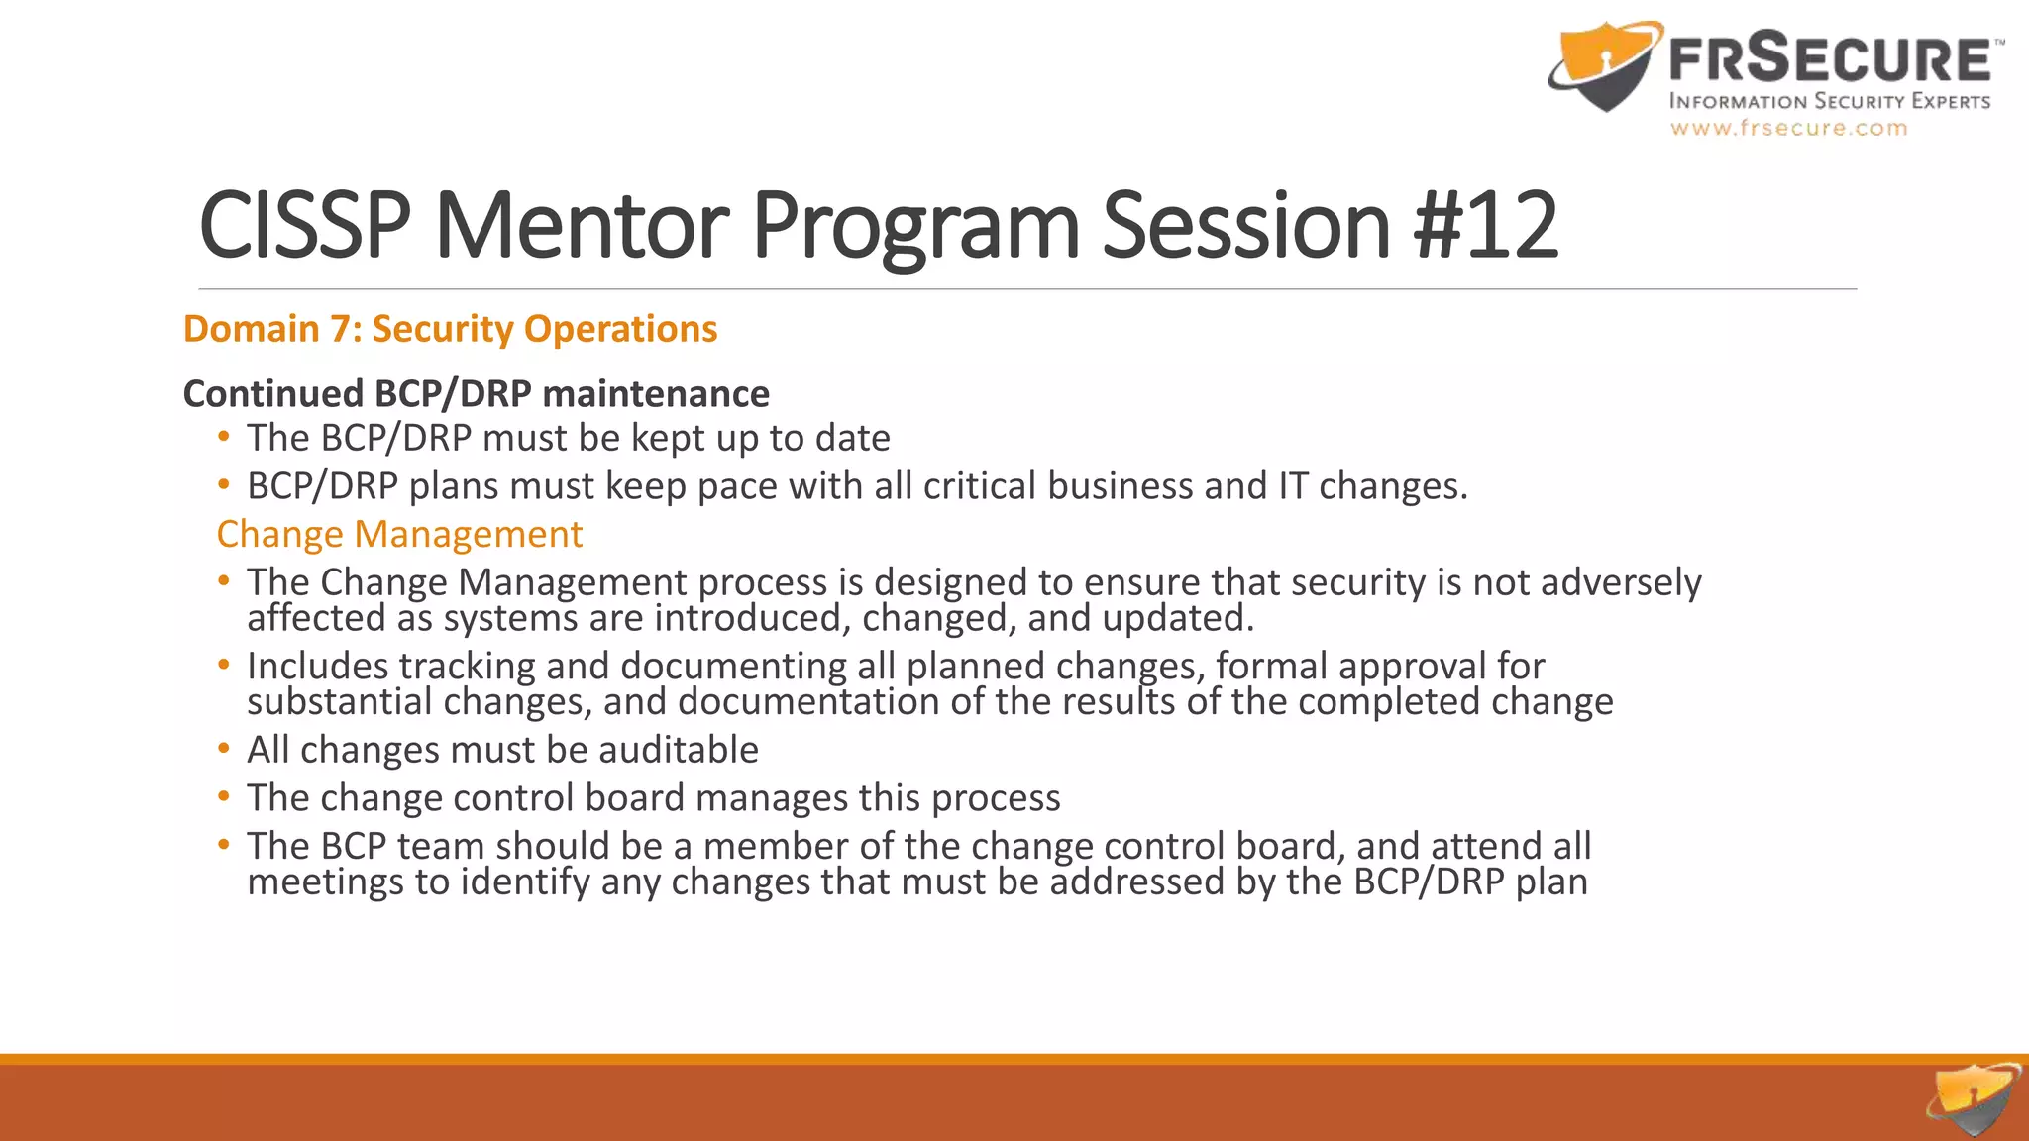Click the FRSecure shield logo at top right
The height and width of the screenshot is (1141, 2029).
click(1604, 65)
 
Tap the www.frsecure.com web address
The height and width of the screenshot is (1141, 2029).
click(1788, 128)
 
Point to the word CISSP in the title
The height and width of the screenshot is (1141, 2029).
click(305, 226)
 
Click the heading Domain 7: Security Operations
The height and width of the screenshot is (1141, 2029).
click(450, 329)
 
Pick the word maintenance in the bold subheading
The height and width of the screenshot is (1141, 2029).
click(656, 394)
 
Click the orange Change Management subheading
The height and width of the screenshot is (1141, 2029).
click(399, 534)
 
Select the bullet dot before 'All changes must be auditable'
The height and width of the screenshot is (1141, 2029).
click(224, 748)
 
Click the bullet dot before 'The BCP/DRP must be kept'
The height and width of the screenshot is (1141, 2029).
click(224, 436)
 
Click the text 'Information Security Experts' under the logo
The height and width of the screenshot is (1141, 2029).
click(1829, 101)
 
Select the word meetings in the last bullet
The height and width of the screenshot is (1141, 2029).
click(325, 882)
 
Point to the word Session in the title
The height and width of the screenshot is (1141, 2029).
click(1246, 226)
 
